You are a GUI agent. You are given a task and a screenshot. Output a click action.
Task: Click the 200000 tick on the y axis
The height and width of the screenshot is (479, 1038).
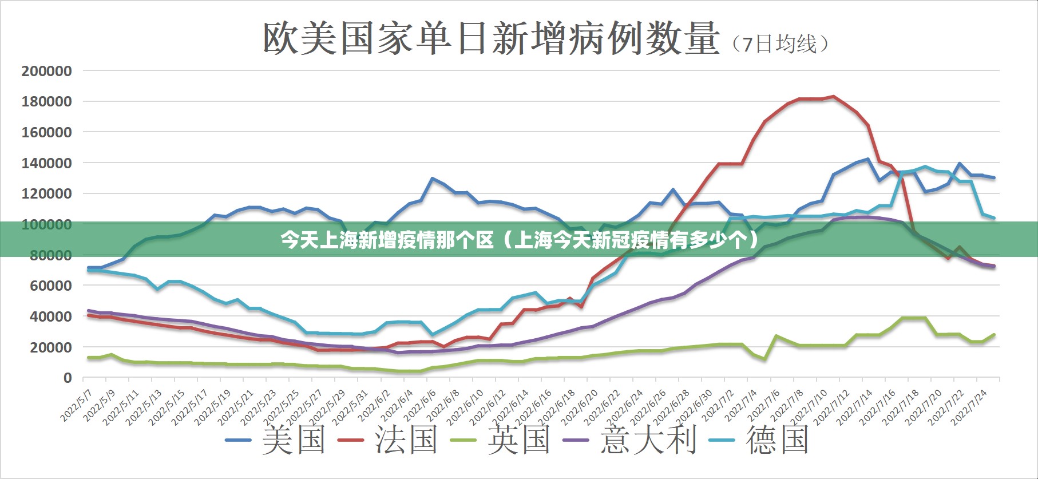pyautogui.click(x=47, y=72)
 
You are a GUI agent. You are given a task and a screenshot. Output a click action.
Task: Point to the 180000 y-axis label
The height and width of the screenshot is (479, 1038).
pyautogui.click(x=47, y=102)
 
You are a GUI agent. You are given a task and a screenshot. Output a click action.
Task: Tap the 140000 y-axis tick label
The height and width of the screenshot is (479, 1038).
pyautogui.click(x=47, y=164)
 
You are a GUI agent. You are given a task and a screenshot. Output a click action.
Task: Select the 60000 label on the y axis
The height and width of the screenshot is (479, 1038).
pyautogui.click(x=50, y=286)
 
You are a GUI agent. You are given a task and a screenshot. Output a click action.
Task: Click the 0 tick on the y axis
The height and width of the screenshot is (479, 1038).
pyautogui.click(x=68, y=378)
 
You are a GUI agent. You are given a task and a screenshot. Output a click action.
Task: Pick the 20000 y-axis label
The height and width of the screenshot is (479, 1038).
pyautogui.click(x=50, y=347)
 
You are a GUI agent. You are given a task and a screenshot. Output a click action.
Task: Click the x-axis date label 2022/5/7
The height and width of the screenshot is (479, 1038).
pyautogui.click(x=77, y=406)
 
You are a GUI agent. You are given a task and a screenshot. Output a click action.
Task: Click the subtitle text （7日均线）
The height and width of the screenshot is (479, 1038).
pyautogui.click(x=780, y=44)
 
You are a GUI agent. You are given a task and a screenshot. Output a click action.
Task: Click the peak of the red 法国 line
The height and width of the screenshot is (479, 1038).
pyautogui.click(x=833, y=97)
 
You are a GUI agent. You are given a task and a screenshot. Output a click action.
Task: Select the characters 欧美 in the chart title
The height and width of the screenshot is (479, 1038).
pyautogui.click(x=300, y=39)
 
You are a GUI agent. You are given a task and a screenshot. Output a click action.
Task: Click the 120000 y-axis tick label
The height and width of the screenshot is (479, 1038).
pyautogui.click(x=47, y=194)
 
